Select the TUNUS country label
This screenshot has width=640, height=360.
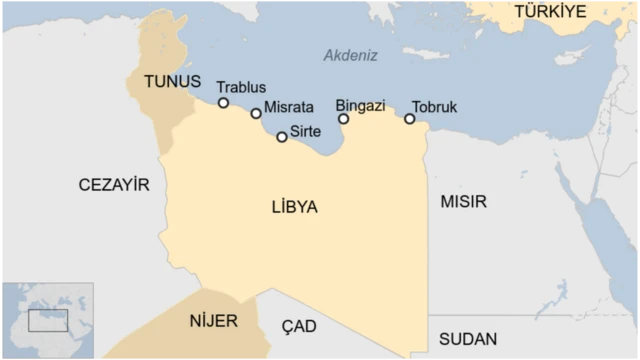(x=172, y=82)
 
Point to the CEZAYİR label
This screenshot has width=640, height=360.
(x=114, y=185)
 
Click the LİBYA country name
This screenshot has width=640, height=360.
(x=294, y=207)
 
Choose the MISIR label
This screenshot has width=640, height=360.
(x=463, y=202)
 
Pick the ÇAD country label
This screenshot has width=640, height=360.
(x=298, y=327)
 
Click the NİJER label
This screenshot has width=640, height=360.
(x=212, y=322)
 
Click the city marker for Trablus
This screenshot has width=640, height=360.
(x=223, y=103)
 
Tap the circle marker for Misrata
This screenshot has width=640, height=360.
(x=256, y=114)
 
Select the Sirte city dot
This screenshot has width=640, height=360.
(x=282, y=137)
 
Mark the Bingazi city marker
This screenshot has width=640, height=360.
(x=344, y=119)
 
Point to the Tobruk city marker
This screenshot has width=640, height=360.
(x=410, y=119)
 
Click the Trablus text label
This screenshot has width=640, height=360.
(x=241, y=88)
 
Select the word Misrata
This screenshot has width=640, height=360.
(x=290, y=106)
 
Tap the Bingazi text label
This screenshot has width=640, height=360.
(x=360, y=105)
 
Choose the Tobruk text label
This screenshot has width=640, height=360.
(x=434, y=106)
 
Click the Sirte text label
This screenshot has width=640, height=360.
(x=306, y=131)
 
